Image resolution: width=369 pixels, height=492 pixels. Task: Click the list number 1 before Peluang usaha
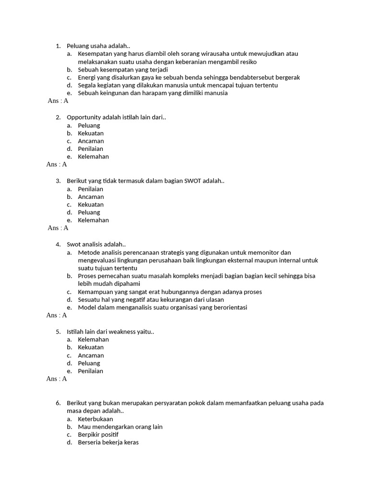[x=58, y=46]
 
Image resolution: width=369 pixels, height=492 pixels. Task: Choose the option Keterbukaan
[x=96, y=419]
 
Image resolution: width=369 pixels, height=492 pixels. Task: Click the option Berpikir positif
[x=98, y=434]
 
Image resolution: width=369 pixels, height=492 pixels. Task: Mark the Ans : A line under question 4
[x=57, y=315]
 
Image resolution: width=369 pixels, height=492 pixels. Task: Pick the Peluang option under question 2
[x=89, y=125]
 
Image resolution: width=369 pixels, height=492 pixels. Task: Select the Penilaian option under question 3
[x=91, y=189]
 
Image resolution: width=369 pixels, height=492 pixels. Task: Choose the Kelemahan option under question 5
[x=93, y=339]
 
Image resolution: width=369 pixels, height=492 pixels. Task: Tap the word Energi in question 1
[x=87, y=77]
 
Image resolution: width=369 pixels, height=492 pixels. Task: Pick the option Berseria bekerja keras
[x=108, y=442]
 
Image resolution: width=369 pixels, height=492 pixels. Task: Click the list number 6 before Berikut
[x=58, y=403]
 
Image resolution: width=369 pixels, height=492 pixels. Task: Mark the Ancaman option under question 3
[x=91, y=197]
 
